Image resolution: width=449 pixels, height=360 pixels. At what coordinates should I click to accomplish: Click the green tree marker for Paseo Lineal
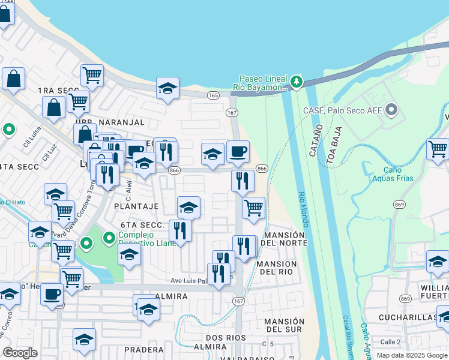(x=295, y=81)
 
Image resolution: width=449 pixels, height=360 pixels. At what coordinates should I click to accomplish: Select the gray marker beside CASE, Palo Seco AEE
(x=391, y=109)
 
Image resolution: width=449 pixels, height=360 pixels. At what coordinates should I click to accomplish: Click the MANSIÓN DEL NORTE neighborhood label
(x=285, y=239)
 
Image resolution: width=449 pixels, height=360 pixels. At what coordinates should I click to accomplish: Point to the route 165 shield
(x=213, y=95)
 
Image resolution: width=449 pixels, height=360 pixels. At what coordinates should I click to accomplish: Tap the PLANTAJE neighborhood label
(x=136, y=206)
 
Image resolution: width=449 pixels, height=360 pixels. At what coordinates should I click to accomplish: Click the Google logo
(x=20, y=353)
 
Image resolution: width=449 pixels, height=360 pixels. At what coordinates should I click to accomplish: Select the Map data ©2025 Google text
(x=412, y=355)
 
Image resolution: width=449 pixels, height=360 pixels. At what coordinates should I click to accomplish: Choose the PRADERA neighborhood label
(x=143, y=349)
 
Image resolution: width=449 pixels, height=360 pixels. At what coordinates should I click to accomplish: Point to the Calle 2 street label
(x=390, y=341)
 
